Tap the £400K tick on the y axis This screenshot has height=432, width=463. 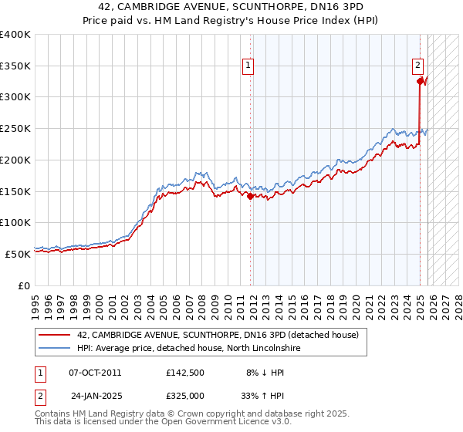click(x=15, y=35)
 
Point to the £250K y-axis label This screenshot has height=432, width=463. click(x=15, y=129)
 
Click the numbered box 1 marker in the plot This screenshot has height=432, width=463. click(x=248, y=66)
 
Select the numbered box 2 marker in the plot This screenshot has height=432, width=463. click(x=417, y=66)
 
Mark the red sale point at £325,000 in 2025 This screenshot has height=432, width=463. click(x=420, y=81)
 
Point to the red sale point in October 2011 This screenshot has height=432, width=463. click(x=251, y=196)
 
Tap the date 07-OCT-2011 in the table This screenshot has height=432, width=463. click(x=95, y=373)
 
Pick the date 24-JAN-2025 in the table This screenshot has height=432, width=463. click(x=96, y=395)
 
